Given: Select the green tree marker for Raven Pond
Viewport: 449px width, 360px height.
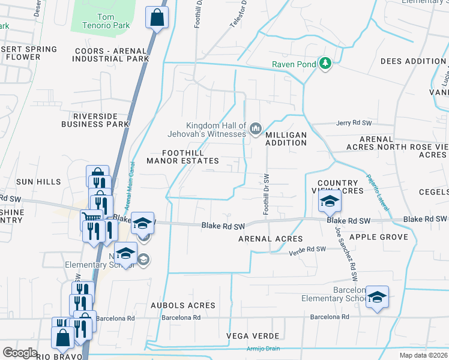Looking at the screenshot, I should tap(325, 63).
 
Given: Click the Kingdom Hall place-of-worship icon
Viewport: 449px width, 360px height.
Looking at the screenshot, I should tap(256, 128).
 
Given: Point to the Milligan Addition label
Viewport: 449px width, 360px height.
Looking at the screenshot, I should tap(286, 139).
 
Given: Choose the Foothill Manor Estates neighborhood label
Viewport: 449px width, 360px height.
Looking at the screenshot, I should tap(183, 157).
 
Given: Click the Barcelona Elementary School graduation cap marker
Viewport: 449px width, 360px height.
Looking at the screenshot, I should tap(377, 296).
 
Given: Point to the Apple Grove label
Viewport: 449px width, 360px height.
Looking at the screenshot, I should tap(382, 237).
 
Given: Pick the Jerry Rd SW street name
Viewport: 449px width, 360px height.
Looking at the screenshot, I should tap(354, 123).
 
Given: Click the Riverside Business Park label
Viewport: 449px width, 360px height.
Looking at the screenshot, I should tap(95, 120).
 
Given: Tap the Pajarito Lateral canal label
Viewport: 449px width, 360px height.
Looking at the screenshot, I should tap(376, 192).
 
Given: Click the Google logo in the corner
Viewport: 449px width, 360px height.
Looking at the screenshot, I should tap(20, 353).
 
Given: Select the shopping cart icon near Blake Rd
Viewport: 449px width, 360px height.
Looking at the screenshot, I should tap(91, 220).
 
